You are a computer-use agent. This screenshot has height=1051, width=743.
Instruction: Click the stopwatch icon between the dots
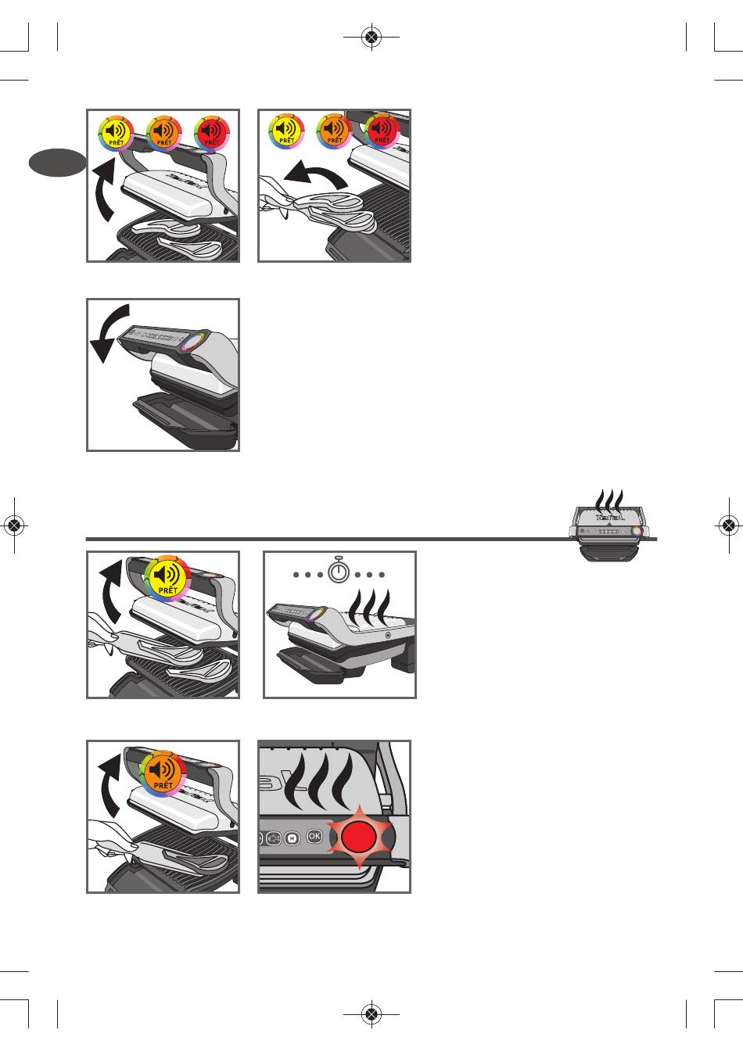point(339,571)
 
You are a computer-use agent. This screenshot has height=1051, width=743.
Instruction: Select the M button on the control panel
point(292,838)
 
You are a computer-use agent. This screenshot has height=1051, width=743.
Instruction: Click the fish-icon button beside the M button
point(274,838)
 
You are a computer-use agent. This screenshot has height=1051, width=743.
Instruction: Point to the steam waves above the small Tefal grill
point(608,497)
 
